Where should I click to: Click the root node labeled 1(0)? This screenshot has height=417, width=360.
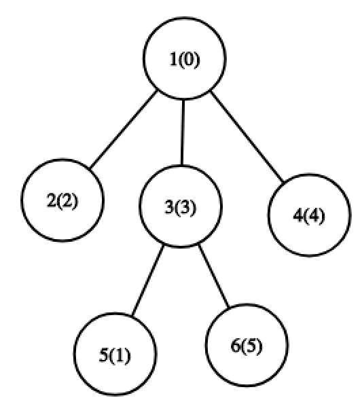(x=185, y=58)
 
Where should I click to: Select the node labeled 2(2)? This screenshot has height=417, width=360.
(x=62, y=200)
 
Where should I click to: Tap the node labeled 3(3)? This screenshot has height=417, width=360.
(x=181, y=206)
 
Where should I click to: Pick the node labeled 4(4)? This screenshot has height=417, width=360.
(x=309, y=215)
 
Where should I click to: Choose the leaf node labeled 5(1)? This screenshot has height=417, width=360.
(x=115, y=354)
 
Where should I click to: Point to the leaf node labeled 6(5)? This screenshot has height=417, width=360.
(x=247, y=345)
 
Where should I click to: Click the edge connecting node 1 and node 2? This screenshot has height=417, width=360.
(x=124, y=130)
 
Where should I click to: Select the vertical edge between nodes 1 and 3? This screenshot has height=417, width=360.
(x=183, y=132)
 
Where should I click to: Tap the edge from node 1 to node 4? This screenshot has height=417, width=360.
(x=247, y=137)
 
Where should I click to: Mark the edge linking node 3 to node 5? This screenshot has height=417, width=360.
(x=148, y=280)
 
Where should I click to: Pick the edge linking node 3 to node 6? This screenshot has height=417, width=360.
(x=214, y=276)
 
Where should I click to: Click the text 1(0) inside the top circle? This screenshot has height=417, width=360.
(x=185, y=60)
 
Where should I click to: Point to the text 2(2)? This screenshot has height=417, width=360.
(x=62, y=201)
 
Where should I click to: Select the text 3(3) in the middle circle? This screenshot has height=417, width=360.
(x=181, y=207)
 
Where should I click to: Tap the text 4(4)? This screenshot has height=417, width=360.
(x=309, y=216)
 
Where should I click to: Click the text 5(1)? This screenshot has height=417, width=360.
(x=115, y=355)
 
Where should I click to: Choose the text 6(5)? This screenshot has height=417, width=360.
(x=247, y=346)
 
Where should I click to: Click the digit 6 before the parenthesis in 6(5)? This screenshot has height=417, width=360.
(x=235, y=346)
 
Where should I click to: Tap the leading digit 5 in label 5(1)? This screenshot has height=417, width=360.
(x=103, y=355)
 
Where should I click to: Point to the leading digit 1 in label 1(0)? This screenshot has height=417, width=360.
(x=173, y=59)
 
